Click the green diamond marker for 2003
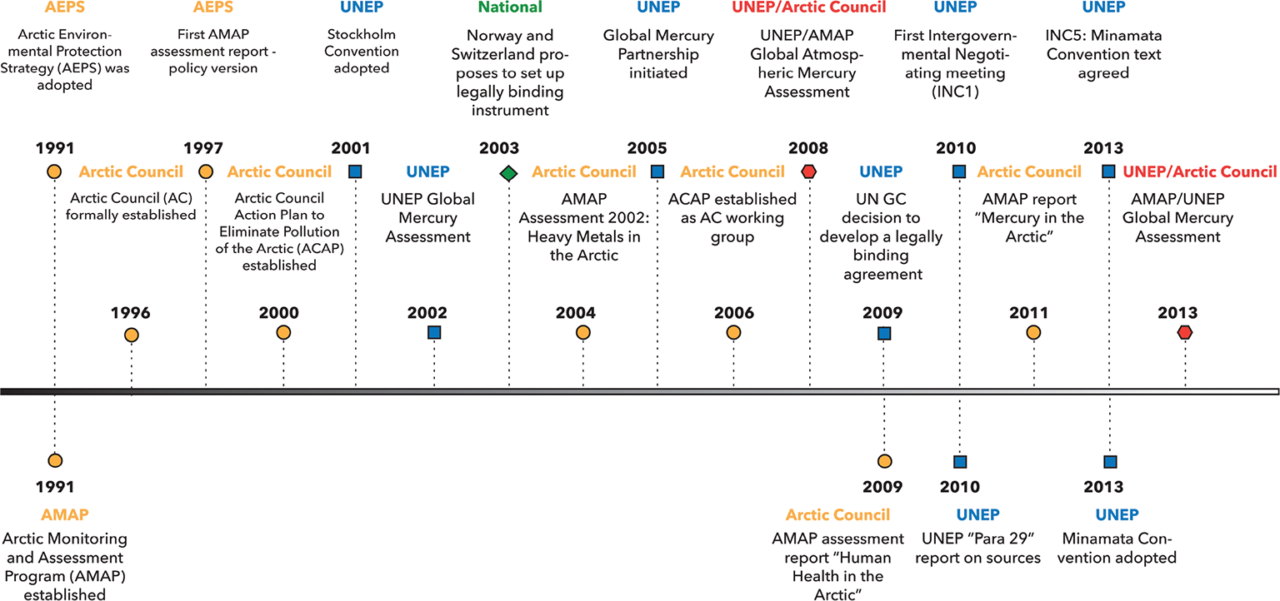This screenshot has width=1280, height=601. coord(508,173)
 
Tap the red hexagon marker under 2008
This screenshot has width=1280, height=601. coord(808,172)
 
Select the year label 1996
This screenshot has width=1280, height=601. coord(130,314)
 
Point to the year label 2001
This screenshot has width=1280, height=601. coord(351,149)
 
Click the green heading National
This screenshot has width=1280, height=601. coord(499,7)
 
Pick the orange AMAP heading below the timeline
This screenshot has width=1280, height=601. coord(64,514)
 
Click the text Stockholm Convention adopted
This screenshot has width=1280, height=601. coord(361,52)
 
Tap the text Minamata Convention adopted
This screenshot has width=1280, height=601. coord(1117,548)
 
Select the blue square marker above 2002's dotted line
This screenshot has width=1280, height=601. coord(434,333)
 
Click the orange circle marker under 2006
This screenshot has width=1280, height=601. coord(733,333)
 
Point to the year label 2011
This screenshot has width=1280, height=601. coord(1028,314)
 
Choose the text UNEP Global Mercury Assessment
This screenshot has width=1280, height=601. coord(427,218)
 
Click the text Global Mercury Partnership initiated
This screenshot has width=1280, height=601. coord(658,54)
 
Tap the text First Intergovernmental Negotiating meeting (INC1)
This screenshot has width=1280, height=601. coord(949,64)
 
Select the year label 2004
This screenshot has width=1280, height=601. coord(576,314)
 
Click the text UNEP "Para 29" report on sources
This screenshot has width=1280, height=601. coord(977,548)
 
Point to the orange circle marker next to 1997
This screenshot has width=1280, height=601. coord(205,172)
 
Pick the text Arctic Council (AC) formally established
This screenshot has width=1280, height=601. coord(133,207)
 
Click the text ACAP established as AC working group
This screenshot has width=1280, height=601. coord(732,218)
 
